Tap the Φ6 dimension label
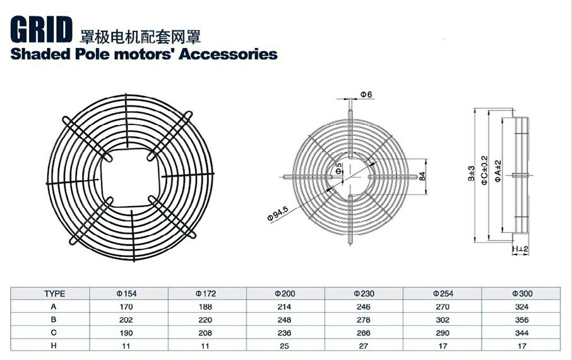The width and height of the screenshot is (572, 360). (366, 95)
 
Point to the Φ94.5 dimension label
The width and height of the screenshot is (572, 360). (278, 214)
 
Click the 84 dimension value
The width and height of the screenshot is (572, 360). (422, 176)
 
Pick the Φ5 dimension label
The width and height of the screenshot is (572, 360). (339, 169)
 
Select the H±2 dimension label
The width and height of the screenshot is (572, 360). (520, 249)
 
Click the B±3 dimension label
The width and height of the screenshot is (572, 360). (472, 174)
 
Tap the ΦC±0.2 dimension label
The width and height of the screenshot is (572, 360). (484, 170)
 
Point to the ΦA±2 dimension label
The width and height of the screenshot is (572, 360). (498, 171)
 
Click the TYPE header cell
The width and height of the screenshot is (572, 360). (55, 294)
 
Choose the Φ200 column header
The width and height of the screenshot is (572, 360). (285, 294)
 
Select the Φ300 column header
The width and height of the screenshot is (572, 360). (522, 294)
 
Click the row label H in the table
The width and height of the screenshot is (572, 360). (54, 345)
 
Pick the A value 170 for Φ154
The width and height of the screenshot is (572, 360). (126, 307)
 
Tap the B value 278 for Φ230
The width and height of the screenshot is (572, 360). (363, 320)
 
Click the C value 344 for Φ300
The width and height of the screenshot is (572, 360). (522, 333)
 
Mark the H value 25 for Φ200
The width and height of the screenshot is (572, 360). (285, 345)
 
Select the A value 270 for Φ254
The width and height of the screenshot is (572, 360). (443, 307)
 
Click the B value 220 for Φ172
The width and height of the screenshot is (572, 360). (205, 320)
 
